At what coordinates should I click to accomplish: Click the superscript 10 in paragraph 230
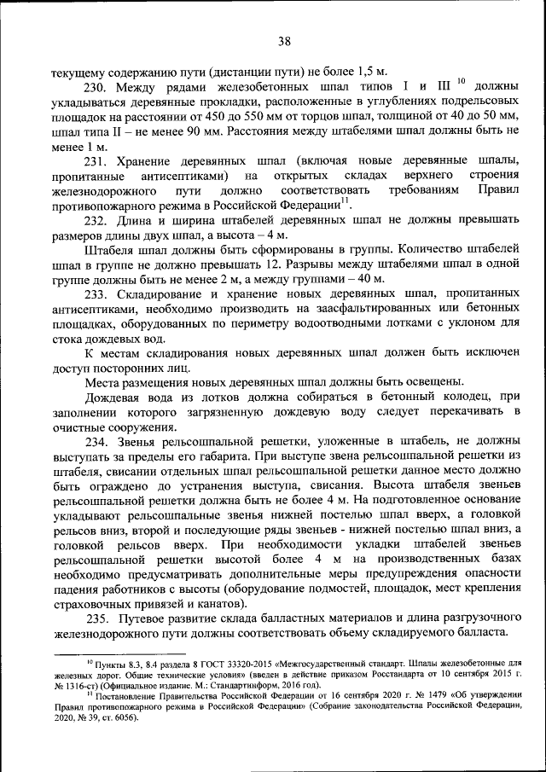(x=460, y=81)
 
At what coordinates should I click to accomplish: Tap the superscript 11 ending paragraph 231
(x=346, y=200)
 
